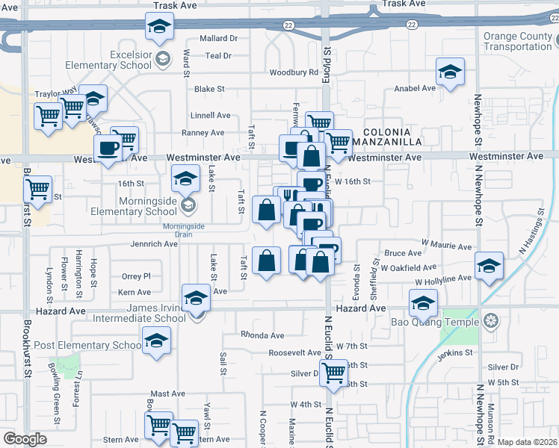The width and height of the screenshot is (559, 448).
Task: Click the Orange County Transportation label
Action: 520,41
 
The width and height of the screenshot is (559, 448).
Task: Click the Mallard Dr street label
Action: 218,38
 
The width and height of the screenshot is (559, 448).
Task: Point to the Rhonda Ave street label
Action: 262,335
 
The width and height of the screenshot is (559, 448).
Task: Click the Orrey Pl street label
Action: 136,276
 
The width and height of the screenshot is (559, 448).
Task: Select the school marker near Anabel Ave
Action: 450,72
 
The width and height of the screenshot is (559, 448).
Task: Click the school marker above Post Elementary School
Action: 157,340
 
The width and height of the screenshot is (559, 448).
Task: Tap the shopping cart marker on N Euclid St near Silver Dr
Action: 333,370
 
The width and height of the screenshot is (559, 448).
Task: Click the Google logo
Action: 25,439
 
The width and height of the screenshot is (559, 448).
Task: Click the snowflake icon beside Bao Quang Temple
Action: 490,322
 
